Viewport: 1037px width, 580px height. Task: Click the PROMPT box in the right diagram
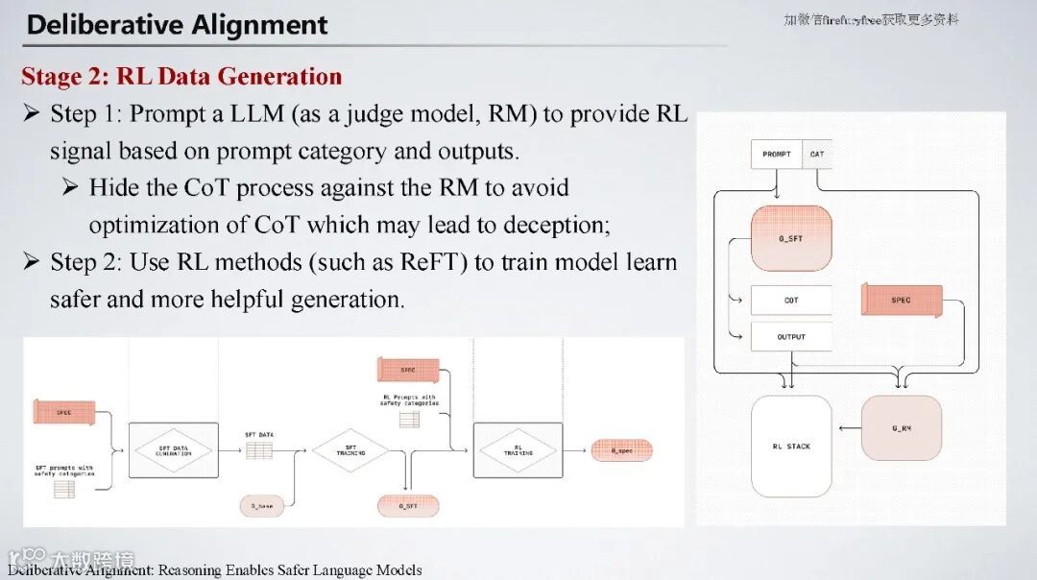776,154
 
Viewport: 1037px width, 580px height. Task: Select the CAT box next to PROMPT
817,154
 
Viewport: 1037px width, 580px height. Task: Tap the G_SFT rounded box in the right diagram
790,238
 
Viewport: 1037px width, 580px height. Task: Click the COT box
791,301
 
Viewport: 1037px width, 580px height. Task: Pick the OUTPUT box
791,337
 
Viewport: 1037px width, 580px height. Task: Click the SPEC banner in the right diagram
902,301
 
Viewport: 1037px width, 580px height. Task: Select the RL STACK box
791,447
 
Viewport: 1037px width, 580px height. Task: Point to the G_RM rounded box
902,428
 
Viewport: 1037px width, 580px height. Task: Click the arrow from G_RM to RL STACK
848,428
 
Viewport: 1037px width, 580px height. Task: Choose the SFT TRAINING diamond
350,449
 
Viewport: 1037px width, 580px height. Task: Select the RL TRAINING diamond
518,449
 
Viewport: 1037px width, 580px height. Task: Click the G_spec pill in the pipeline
621,450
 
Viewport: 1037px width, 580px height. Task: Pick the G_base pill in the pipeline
262,504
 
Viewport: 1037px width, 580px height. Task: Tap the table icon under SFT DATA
259,449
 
